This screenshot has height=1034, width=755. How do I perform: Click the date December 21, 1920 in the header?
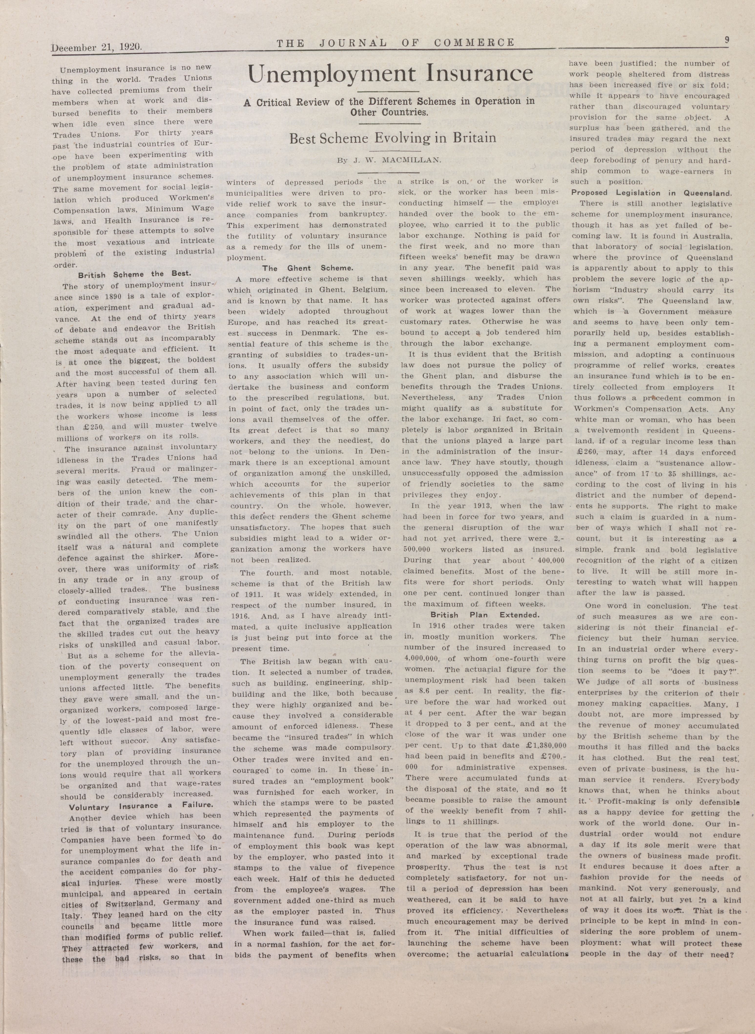(97, 47)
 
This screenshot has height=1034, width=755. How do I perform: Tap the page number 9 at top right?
(726, 40)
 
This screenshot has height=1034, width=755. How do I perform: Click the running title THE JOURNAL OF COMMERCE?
(395, 43)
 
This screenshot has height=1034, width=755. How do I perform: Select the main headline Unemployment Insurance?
(390, 73)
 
